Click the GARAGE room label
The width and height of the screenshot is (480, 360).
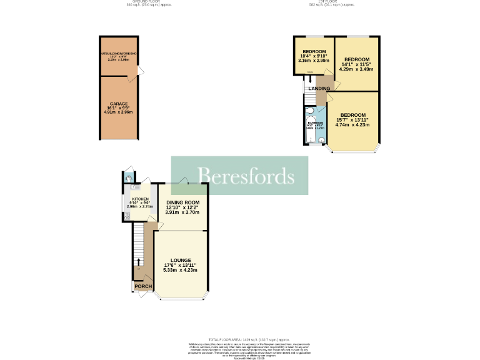pos(119,104)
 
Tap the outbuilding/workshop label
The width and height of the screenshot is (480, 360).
pos(119,54)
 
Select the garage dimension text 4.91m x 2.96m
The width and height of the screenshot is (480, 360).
pos(119,113)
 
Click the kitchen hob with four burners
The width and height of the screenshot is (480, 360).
pos(127,216)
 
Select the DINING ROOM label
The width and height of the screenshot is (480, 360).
pos(182,202)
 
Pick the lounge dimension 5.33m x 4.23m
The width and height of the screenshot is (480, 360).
pos(181,270)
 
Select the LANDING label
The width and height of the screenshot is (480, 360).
pos(319,89)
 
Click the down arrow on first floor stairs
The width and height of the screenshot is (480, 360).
pos(310,79)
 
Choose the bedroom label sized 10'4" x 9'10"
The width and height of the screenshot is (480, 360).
pos(314,51)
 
